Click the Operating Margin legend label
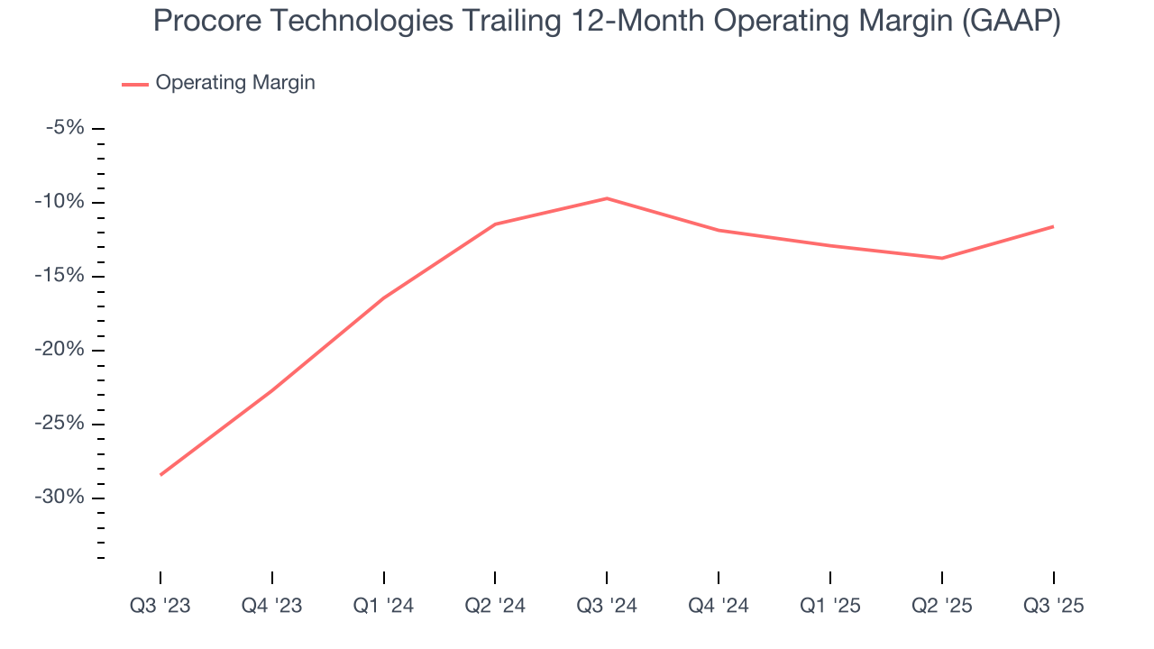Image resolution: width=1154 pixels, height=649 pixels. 235,83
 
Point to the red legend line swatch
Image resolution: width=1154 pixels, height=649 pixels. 135,84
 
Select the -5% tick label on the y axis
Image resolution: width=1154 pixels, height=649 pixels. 65,128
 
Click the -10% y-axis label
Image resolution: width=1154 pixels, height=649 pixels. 60,202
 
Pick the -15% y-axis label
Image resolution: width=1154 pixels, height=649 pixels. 60,276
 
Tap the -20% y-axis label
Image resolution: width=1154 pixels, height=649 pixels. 60,350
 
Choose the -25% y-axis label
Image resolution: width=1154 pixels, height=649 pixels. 60,424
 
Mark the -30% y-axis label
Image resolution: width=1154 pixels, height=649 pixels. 60,498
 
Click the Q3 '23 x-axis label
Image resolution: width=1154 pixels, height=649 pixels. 160,606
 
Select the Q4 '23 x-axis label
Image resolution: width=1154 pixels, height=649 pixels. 272,606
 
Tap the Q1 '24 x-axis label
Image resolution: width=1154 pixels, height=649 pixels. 384,606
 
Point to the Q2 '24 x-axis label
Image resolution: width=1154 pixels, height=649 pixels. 495,606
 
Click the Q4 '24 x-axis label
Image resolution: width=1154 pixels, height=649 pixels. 719,606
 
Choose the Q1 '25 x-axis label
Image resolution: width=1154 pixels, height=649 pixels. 830,606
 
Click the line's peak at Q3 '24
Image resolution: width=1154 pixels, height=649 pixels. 607,198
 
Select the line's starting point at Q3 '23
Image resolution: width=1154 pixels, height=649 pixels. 160,474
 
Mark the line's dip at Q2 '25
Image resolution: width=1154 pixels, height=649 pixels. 942,258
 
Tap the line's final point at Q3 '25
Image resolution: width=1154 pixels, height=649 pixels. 1053,226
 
